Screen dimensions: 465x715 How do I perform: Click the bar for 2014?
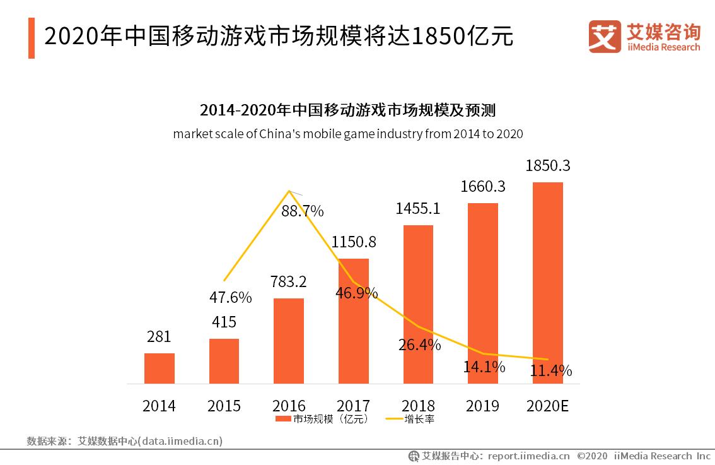coord(160,368)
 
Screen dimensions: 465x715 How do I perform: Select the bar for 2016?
coord(289,341)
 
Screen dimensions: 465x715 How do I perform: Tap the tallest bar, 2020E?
coord(548,283)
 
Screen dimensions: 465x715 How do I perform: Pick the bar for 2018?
coord(418,304)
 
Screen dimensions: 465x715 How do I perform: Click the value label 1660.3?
coord(482,187)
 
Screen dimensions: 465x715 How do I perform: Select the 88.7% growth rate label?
coord(302,211)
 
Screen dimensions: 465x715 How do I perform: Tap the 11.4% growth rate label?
coord(550,370)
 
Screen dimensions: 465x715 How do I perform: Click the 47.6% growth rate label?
coord(230,297)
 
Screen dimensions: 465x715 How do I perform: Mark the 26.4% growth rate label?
coord(419,345)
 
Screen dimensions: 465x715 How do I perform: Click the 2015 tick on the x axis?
coord(224,406)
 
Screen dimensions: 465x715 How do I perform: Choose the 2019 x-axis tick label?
coord(482,406)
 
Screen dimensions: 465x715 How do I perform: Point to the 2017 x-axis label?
coord(353,406)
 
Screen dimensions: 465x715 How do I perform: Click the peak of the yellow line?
coord(289,191)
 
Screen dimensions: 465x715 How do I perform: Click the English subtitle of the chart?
coord(347,134)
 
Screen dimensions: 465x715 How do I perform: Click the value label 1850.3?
coord(547,166)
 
